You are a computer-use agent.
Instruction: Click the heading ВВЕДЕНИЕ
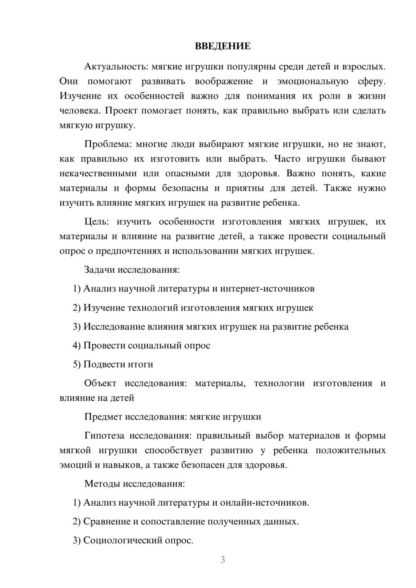tap(223, 46)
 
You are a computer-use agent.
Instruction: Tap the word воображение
tap(223, 81)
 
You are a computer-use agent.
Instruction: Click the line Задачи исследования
tap(132, 270)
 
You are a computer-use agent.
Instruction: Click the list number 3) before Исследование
tap(77, 327)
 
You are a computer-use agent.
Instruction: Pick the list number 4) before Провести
tap(77, 346)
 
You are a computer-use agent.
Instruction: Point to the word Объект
tap(100, 383)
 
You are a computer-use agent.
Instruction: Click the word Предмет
tap(103, 417)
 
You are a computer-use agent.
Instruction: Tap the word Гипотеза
tap(104, 436)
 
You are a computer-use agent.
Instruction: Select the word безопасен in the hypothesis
tap(203, 465)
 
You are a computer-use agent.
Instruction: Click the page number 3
tap(223, 560)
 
